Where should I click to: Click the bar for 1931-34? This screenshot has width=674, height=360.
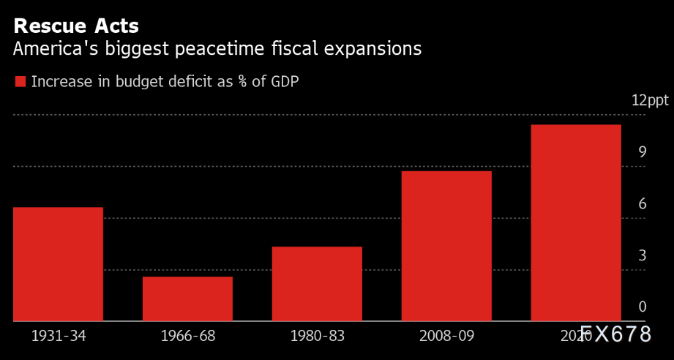click(x=58, y=264)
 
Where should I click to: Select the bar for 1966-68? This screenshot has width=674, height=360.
click(x=187, y=299)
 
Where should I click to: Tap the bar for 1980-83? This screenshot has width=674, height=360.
click(x=317, y=284)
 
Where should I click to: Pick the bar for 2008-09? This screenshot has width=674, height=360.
click(x=446, y=246)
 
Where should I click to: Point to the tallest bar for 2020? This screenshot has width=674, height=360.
click(x=576, y=222)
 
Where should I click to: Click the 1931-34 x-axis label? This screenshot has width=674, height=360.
click(x=58, y=337)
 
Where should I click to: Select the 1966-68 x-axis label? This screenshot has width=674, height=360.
click(x=187, y=337)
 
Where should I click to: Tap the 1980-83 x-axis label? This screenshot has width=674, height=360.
click(x=317, y=337)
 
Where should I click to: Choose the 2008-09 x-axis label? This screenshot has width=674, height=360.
click(x=446, y=337)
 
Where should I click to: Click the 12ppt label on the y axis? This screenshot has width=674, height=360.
click(x=649, y=101)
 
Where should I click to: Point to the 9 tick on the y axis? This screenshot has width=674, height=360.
click(x=642, y=153)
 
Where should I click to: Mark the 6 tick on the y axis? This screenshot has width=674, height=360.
click(x=642, y=204)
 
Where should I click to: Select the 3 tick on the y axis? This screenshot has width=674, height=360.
click(x=642, y=256)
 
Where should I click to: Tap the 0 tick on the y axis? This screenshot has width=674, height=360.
click(x=642, y=307)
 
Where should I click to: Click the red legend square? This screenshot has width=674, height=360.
click(x=20, y=81)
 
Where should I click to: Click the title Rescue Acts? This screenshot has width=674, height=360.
click(x=76, y=27)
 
